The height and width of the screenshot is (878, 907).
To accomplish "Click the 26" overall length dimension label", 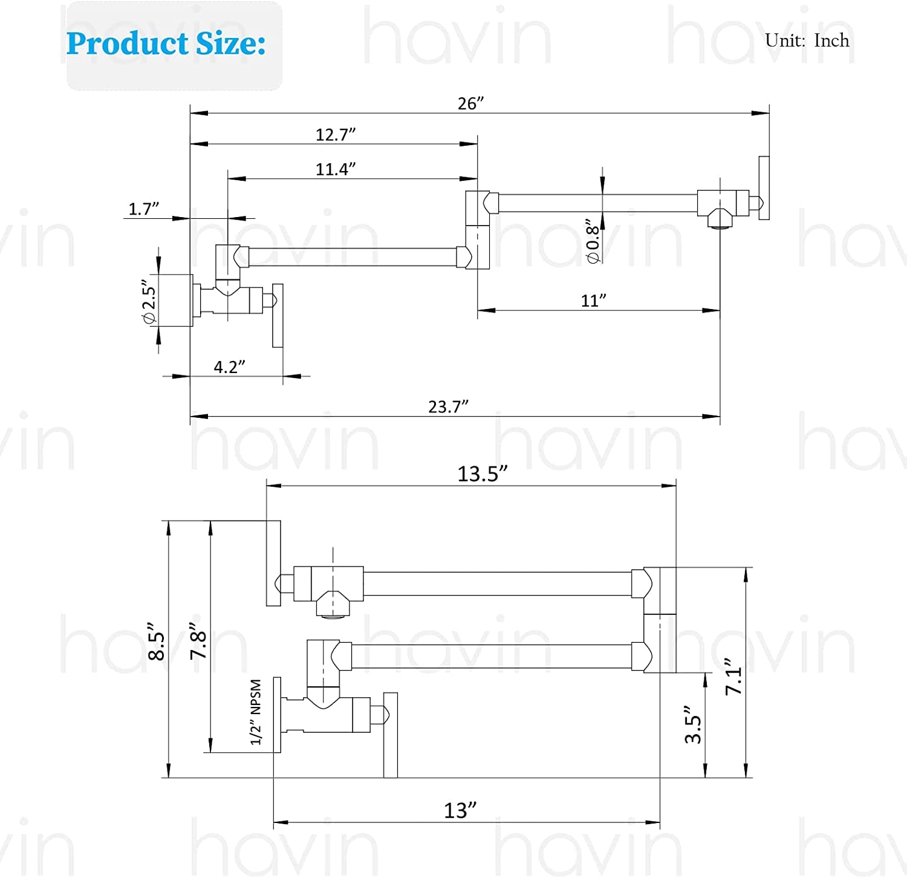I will point(470,103).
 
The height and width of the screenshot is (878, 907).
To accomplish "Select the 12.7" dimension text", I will point(335,134).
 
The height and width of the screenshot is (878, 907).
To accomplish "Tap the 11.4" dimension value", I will point(335,169).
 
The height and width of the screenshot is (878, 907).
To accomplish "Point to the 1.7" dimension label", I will point(143,209).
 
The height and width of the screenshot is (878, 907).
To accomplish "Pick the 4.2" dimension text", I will point(229,367).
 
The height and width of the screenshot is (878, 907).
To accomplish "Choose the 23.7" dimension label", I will point(448,407).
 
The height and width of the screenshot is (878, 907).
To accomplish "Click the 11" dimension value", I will point(593,301).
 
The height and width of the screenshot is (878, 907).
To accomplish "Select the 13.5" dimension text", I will point(482,474).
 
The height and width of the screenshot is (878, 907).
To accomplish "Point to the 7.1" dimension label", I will point(733,676).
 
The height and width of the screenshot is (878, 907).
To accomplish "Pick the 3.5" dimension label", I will point(693,724).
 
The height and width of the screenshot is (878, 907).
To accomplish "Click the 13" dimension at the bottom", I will point(460,810).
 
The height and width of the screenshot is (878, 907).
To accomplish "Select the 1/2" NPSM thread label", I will point(256,712).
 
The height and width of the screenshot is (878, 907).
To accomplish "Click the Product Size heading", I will point(166,44).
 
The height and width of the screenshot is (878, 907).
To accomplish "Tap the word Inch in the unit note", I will point(831,41).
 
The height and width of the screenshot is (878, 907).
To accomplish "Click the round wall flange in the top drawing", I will point(175,301).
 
